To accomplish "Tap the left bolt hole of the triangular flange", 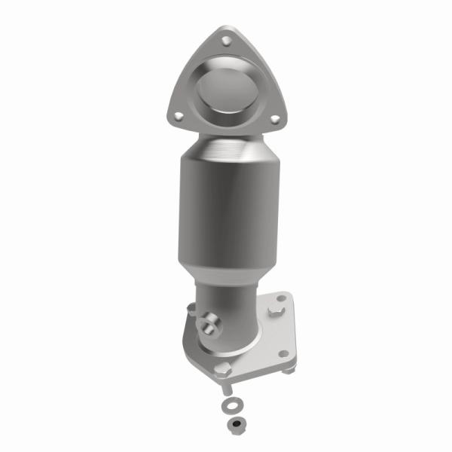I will click(x=179, y=116).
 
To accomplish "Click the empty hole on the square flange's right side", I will click(x=282, y=353).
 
